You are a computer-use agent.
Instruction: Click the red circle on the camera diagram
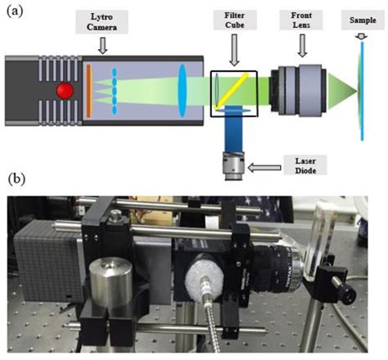pos(60,88)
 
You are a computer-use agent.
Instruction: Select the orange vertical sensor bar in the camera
pos(88,88)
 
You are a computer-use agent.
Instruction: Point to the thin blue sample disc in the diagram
pos(363,88)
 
